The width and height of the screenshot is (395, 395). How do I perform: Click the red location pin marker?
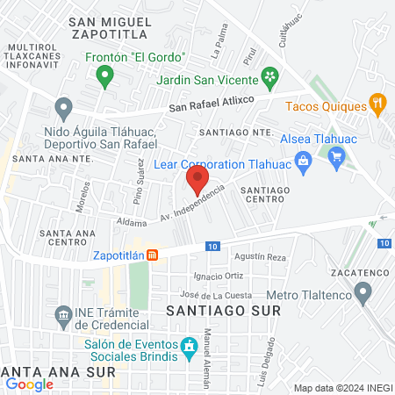click(x=197, y=181)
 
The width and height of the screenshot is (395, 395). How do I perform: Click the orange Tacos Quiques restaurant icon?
click(x=377, y=104)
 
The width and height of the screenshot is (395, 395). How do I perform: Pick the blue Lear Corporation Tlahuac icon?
click(x=304, y=161)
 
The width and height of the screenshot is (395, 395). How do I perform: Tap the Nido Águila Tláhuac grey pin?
click(x=63, y=109)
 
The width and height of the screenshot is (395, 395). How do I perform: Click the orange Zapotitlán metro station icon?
click(x=152, y=255)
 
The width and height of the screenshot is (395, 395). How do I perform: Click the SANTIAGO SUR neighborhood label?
click(x=222, y=311)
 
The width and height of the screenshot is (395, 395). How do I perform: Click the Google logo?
click(x=29, y=384)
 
